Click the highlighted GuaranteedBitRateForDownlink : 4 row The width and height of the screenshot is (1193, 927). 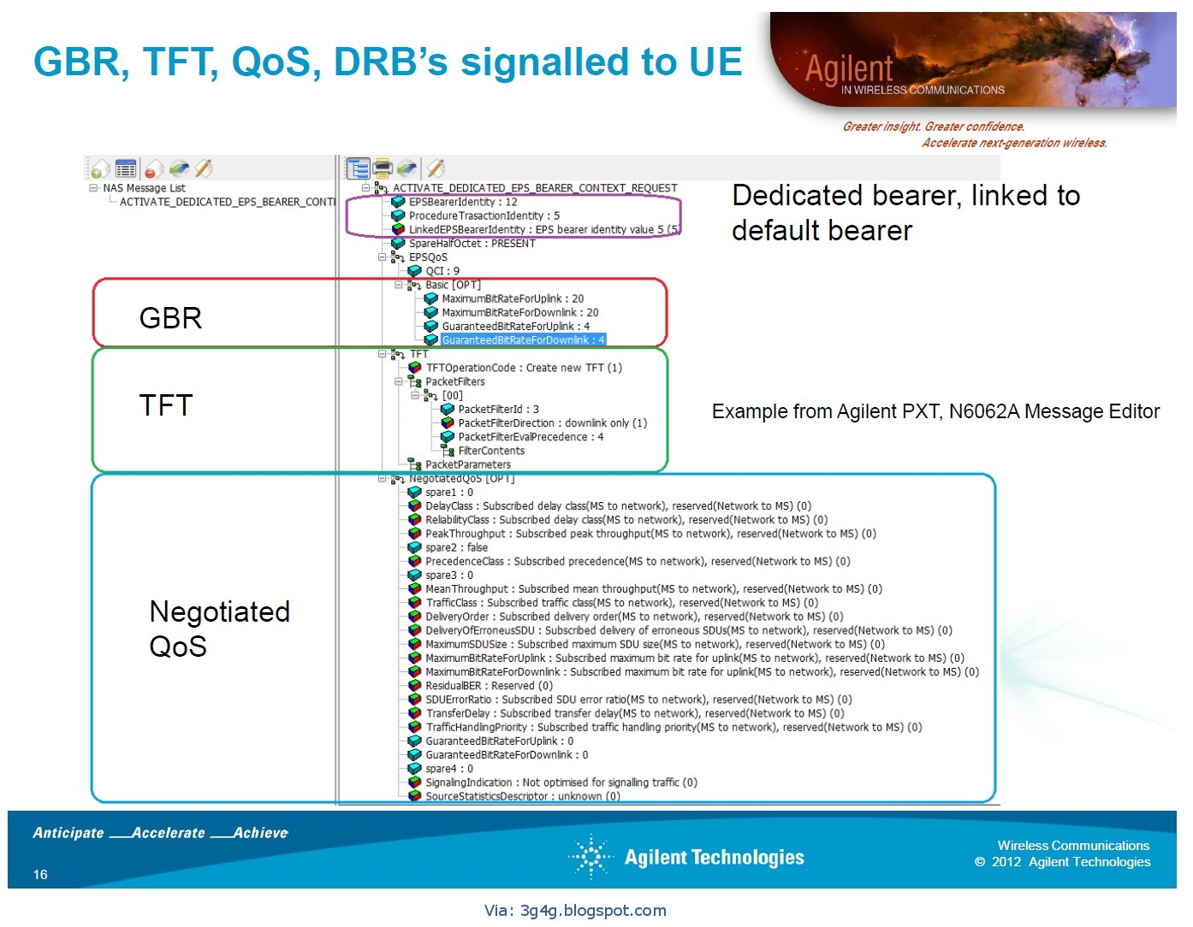click(x=523, y=340)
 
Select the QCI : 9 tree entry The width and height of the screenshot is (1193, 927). click(x=442, y=271)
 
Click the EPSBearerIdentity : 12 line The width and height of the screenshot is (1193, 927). click(x=463, y=202)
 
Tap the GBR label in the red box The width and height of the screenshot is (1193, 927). click(x=170, y=318)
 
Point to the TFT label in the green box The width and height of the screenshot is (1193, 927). click(x=166, y=404)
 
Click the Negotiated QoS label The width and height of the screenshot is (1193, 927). click(x=219, y=629)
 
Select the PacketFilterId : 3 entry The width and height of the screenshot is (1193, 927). click(x=498, y=410)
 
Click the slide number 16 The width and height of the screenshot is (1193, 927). click(x=40, y=874)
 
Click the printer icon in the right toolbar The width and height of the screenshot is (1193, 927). click(x=383, y=168)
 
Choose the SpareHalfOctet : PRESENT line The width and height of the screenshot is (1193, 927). click(x=472, y=244)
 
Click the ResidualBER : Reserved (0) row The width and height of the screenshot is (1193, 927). click(x=489, y=686)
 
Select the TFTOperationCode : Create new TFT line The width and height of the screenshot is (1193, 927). click(x=524, y=368)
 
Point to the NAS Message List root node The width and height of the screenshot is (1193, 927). click(x=144, y=188)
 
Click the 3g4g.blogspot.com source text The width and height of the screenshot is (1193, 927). click(x=575, y=911)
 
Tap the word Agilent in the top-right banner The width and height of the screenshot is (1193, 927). click(x=849, y=68)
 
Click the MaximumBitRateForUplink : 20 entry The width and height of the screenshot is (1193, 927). click(x=513, y=298)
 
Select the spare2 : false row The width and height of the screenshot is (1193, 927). click(x=456, y=547)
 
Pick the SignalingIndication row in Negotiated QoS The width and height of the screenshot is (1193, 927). click(x=561, y=782)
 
